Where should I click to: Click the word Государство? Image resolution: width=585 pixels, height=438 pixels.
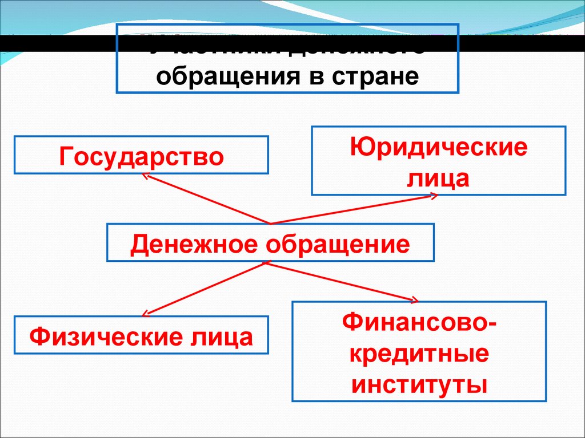point(141,156)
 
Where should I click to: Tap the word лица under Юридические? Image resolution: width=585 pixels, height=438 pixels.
point(438,179)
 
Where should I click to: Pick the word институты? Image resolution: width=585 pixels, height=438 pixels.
point(419,384)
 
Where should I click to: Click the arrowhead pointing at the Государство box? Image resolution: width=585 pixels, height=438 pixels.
point(145,177)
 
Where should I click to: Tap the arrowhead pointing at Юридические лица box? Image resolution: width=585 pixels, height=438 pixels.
point(434,196)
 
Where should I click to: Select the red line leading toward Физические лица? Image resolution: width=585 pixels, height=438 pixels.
point(206,287)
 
